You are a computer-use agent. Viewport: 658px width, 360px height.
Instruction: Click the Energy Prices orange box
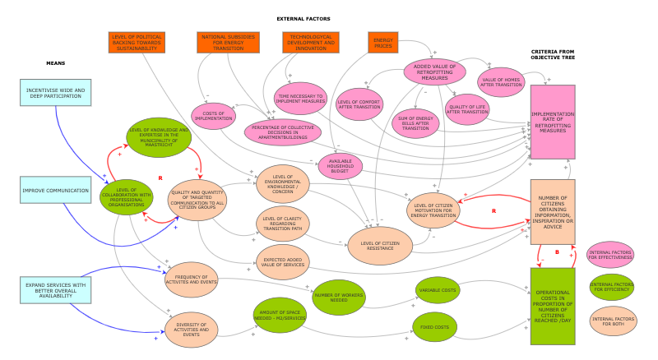coord(383,43)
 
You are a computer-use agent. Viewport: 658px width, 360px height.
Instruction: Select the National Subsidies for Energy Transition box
coord(228,43)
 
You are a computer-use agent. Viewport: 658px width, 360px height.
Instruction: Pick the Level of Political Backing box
coord(137,43)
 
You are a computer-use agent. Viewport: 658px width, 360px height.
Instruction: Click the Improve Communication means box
coord(56,191)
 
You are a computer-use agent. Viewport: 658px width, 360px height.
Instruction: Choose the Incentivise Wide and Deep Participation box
coord(55,93)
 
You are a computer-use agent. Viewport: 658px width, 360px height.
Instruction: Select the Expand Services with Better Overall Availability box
coord(55,288)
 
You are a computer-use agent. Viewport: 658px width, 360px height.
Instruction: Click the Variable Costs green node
coord(438,289)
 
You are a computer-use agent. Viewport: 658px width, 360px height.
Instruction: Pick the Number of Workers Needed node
coord(338,295)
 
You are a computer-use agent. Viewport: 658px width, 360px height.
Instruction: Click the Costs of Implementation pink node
coord(214,115)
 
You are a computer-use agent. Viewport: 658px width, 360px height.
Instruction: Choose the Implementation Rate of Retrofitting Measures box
coord(552,122)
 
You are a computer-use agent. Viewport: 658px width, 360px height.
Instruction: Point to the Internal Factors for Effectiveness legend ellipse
coord(610,256)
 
